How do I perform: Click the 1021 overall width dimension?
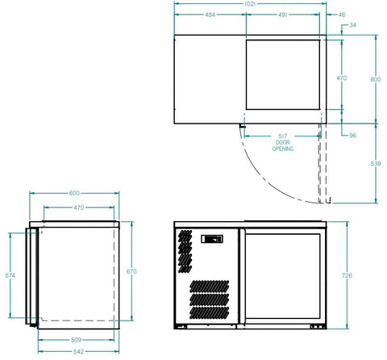tap(250, 4)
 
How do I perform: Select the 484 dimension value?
tap(210, 15)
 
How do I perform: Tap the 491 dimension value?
tap(284, 15)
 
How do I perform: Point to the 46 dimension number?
tap(342, 15)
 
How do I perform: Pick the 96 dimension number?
tap(353, 136)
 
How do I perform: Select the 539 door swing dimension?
tap(374, 164)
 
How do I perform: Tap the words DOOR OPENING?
tap(282, 146)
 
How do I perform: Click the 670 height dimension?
tap(131, 272)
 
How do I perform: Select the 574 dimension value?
tap(10, 276)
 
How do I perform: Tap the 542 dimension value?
tap(74, 352)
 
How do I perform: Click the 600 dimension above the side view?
tap(74, 194)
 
